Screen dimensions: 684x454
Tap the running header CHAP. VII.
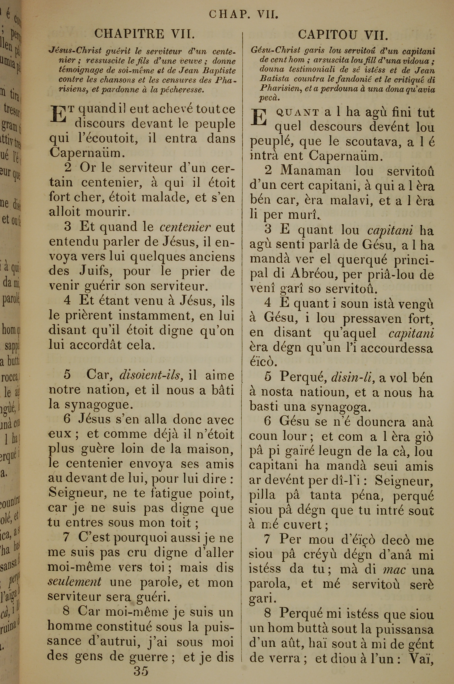(x=244, y=15)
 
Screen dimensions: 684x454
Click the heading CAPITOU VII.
(x=343, y=35)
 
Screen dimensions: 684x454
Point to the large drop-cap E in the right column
(x=258, y=117)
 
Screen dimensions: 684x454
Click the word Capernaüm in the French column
(x=87, y=153)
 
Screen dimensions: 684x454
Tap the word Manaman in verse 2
(x=310, y=171)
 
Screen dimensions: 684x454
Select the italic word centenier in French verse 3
(x=185, y=227)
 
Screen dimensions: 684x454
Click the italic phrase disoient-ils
(x=151, y=375)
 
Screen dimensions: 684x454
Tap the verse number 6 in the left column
(x=67, y=419)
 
